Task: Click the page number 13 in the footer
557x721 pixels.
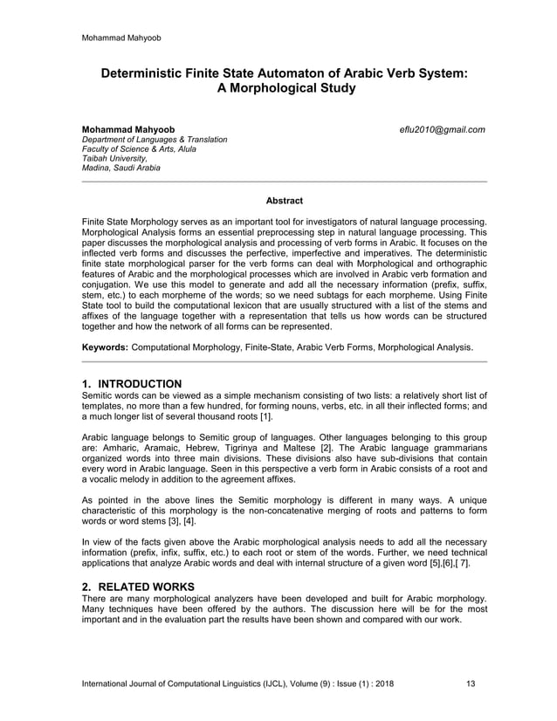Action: click(x=472, y=683)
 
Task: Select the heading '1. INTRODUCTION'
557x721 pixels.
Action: click(x=131, y=383)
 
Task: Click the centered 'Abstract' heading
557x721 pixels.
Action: click(x=284, y=201)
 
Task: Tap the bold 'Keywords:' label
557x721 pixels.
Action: click(x=105, y=347)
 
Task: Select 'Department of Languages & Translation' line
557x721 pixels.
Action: click(x=155, y=140)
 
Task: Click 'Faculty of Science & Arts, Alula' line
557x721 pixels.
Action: click(x=138, y=149)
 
